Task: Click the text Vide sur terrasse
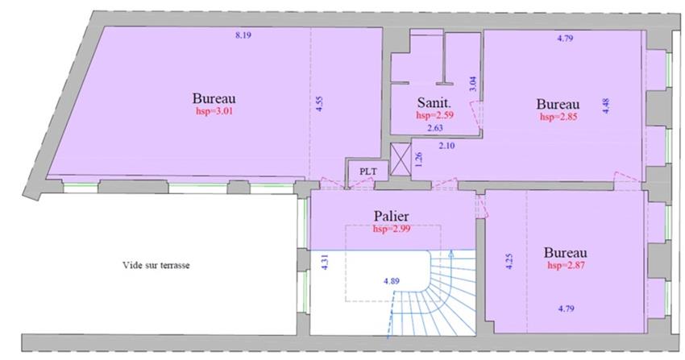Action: (156, 264)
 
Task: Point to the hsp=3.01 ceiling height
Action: (214, 111)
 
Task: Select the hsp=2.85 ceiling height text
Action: (558, 117)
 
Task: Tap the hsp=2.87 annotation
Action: (566, 264)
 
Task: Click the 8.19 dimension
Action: (242, 35)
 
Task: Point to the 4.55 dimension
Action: (319, 105)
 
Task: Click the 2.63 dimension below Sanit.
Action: (436, 127)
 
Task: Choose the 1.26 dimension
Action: (418, 159)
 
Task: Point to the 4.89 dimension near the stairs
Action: (392, 281)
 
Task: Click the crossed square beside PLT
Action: (399, 156)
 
